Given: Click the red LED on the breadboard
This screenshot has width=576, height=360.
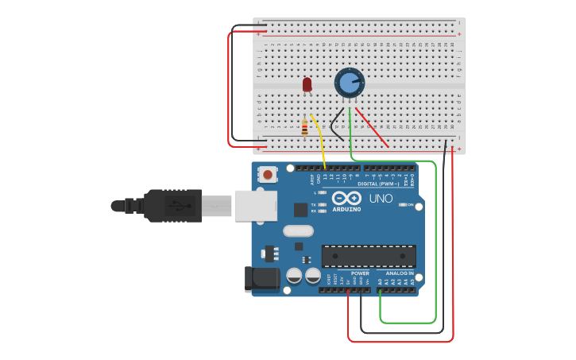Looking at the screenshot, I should point(307,84).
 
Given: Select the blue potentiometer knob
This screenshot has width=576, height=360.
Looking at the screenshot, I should point(349,83).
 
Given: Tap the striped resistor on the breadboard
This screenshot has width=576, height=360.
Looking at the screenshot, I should point(304,127).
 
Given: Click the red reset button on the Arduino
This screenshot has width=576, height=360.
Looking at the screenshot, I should point(269,174).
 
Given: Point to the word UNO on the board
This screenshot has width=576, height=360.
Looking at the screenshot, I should point(381,199).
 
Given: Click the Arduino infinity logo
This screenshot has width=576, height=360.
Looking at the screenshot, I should point(346,197).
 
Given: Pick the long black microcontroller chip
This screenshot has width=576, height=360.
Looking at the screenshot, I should point(369,256).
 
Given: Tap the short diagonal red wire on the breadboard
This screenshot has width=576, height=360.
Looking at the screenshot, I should point(372,128).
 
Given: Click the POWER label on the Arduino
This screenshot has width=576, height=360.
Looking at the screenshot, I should point(360,273).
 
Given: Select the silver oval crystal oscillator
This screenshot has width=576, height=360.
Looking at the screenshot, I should point(298,231).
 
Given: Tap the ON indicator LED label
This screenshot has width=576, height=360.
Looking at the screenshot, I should point(410,205).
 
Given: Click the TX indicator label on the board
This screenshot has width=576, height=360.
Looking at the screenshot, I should point(313,204).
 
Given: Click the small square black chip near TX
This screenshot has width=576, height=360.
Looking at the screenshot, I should point(300,210).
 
